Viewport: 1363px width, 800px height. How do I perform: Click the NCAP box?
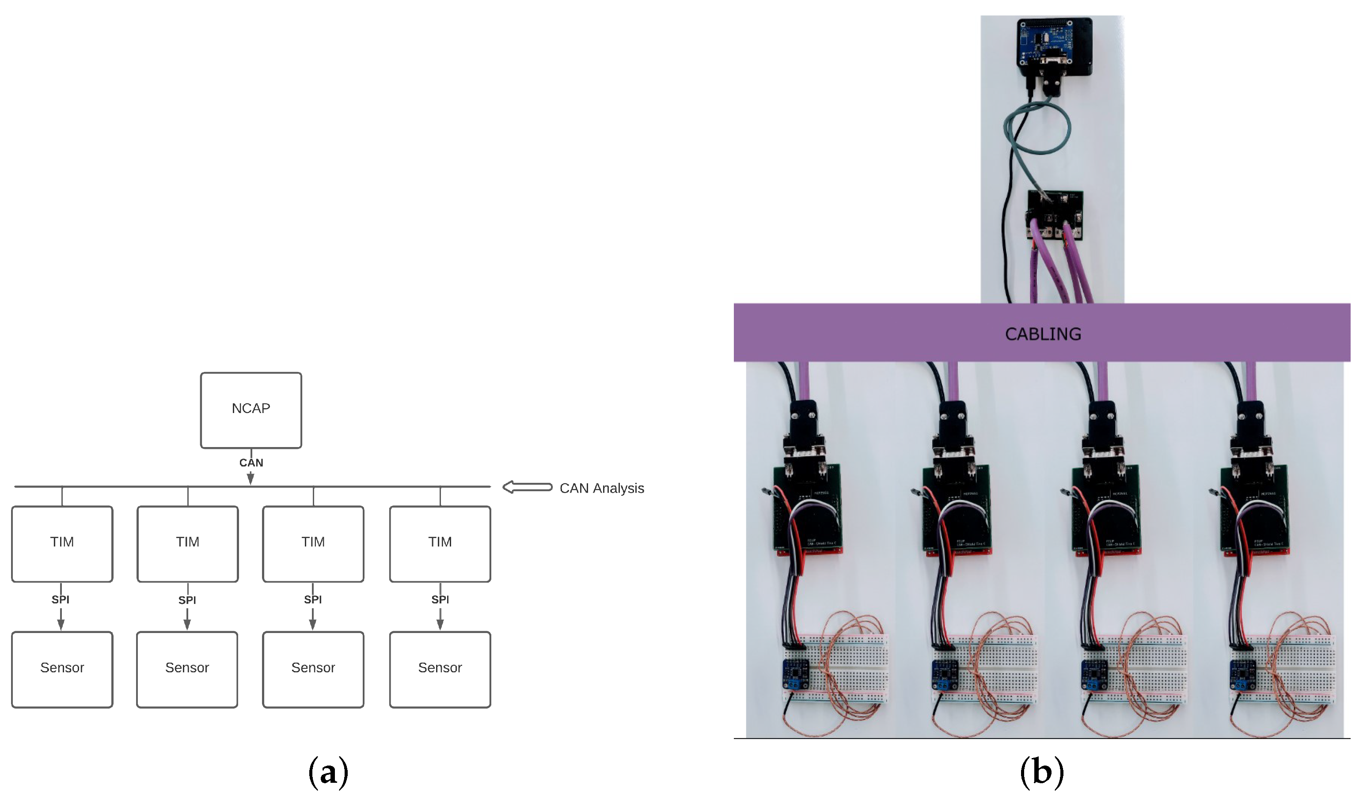click(251, 410)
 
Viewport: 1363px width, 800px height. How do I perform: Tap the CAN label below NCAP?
click(251, 463)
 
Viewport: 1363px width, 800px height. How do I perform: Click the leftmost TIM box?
click(62, 544)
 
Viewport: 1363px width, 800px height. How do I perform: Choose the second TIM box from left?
click(188, 544)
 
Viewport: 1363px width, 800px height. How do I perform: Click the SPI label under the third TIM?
click(313, 599)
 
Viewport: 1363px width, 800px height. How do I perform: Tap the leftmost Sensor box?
click(62, 669)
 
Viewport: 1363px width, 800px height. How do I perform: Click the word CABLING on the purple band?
click(1043, 334)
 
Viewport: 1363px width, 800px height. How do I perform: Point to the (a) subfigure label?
click(328, 773)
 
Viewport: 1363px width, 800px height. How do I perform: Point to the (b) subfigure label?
click(1041, 773)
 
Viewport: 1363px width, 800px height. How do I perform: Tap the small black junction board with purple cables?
click(1055, 214)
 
